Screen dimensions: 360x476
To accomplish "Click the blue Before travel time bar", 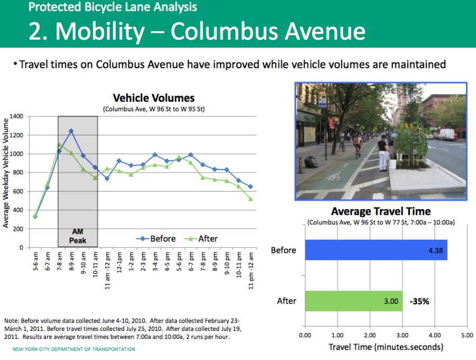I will [376, 250].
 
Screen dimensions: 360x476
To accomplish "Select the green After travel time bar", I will [353, 301].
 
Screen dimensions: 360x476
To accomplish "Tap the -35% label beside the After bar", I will [419, 301].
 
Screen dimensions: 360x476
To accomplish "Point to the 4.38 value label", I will [436, 250].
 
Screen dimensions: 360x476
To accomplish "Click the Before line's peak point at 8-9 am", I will [71, 131].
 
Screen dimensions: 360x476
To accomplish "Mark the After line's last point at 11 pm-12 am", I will [250, 199].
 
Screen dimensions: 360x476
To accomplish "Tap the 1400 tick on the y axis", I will [16, 116].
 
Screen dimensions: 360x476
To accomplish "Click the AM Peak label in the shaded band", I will [77, 236].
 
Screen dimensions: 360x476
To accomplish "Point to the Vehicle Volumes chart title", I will [153, 98].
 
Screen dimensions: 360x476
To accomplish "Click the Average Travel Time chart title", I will [380, 212].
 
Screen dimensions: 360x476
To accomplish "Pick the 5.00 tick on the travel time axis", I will [466, 335].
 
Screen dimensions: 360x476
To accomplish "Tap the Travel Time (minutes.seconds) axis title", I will [386, 347].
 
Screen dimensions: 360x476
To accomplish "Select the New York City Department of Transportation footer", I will [74, 349].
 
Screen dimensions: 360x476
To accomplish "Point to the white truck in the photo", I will [445, 134].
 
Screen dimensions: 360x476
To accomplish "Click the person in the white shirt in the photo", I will [382, 151].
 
